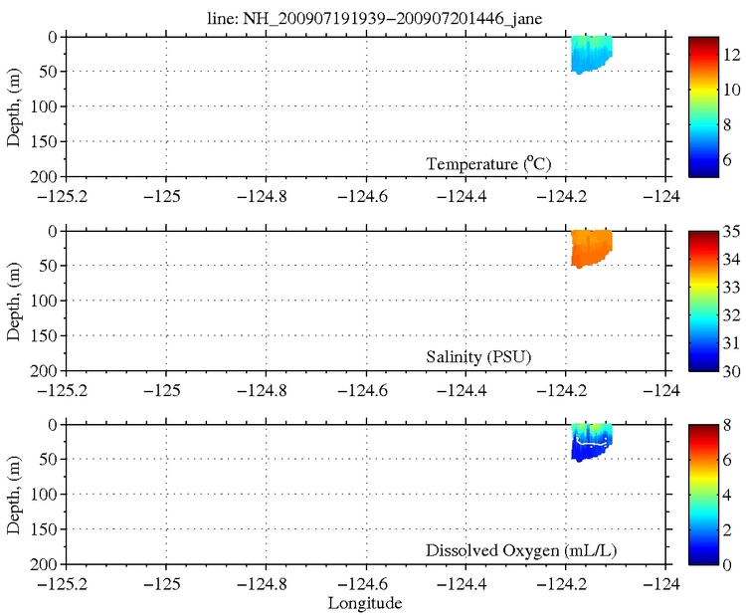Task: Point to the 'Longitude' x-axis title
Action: (x=365, y=603)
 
